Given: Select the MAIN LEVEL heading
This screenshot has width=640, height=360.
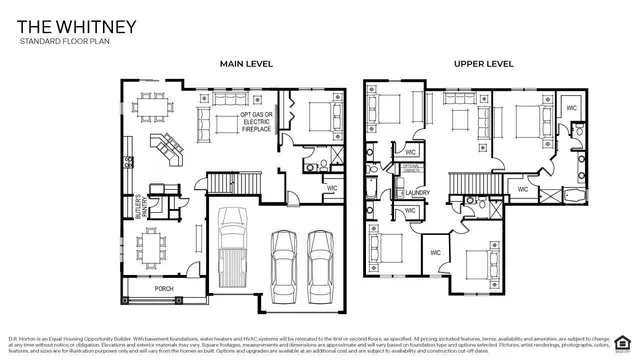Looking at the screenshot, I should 246,64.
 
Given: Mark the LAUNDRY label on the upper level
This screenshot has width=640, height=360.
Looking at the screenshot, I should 418,193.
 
